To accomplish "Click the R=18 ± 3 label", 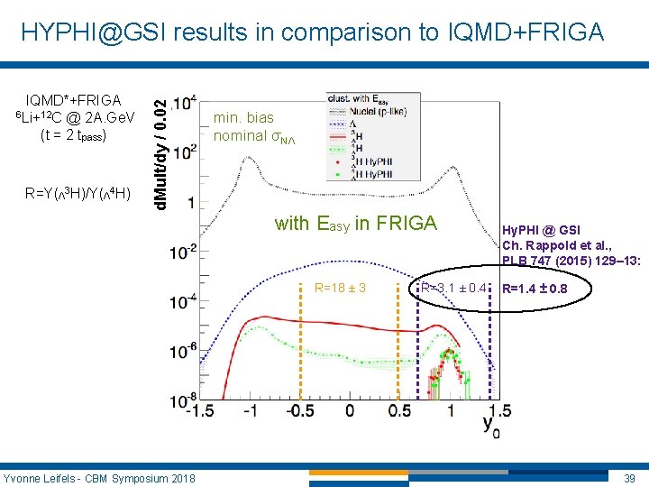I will click(339, 289).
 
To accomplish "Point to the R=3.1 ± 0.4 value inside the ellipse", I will click(455, 289).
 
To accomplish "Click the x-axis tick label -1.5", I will click(199, 411).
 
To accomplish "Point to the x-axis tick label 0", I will click(349, 411).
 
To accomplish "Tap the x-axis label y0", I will click(489, 424).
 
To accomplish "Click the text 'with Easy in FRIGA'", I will click(355, 224).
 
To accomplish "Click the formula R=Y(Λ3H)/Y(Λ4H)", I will click(78, 194).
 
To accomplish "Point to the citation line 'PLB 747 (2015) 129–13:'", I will click(571, 262).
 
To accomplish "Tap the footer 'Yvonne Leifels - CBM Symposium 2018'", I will click(99, 477).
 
